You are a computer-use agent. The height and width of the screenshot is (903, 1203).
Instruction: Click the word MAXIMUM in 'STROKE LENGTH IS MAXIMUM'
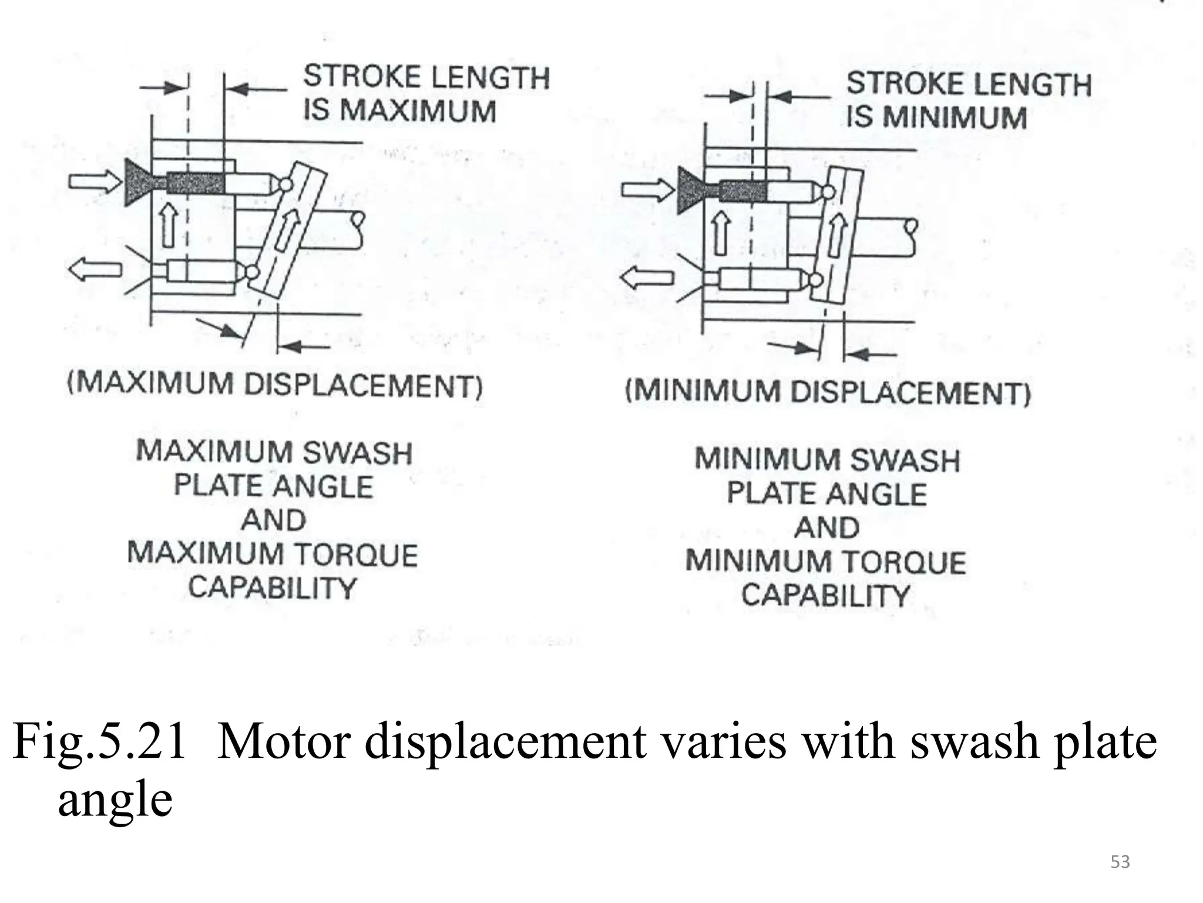[418, 111]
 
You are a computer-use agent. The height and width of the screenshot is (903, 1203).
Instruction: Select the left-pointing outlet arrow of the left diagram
[94, 270]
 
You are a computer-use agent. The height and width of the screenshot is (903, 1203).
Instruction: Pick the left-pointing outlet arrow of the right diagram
[646, 277]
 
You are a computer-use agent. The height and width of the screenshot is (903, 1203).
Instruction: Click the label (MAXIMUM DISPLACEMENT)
[275, 385]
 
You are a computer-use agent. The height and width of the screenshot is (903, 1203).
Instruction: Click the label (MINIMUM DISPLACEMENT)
[828, 392]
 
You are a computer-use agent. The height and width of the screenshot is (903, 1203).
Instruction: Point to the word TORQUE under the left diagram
[355, 554]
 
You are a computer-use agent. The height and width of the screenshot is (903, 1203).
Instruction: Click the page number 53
[1120, 862]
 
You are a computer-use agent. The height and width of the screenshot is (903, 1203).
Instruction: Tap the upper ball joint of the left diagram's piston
[285, 184]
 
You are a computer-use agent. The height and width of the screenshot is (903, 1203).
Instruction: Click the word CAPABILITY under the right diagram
[825, 596]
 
